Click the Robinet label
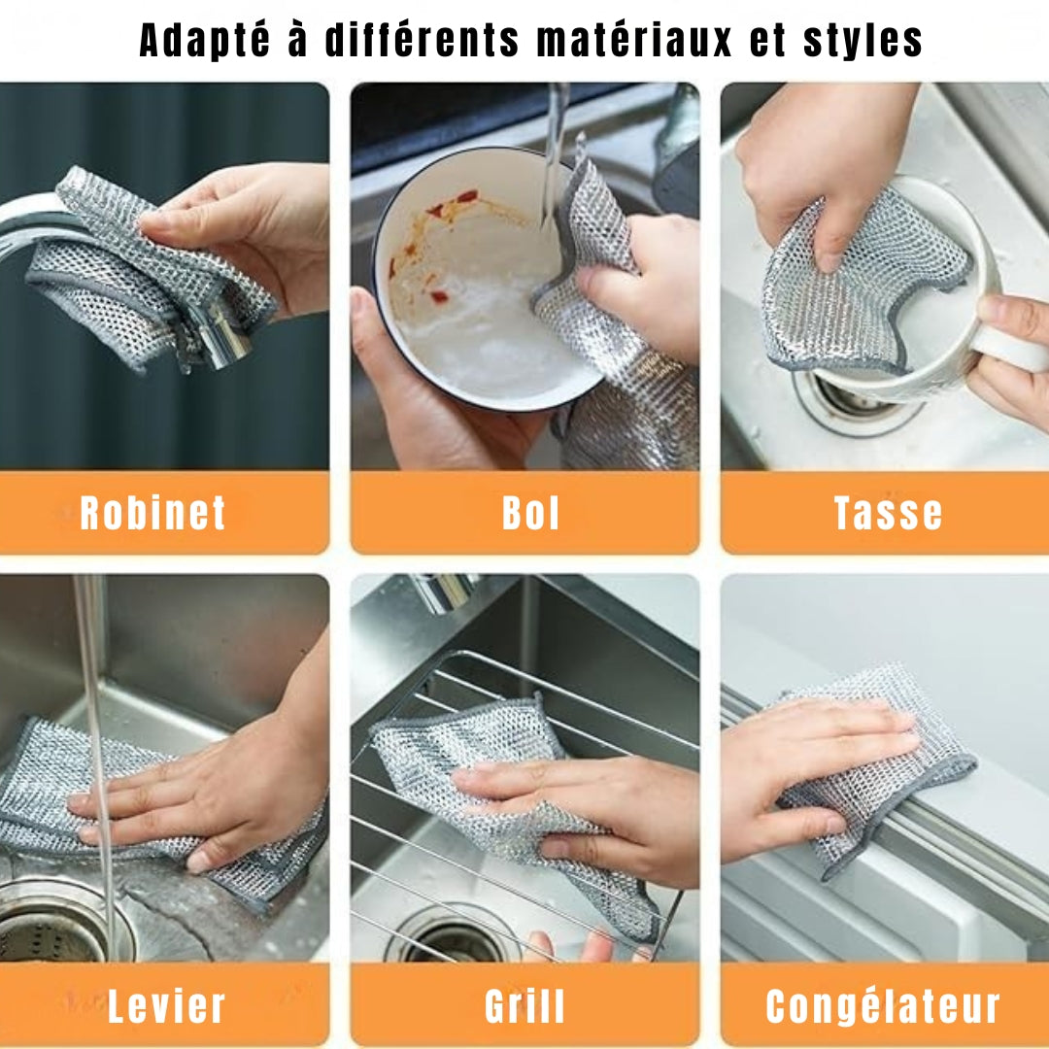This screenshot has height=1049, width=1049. [x=153, y=513]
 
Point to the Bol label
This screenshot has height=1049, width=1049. [x=530, y=513]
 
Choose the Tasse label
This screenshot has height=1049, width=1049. [x=888, y=513]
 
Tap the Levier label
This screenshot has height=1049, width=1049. [x=166, y=1007]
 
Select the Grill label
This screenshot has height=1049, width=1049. [x=524, y=1007]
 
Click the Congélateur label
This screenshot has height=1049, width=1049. [x=883, y=1007]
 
